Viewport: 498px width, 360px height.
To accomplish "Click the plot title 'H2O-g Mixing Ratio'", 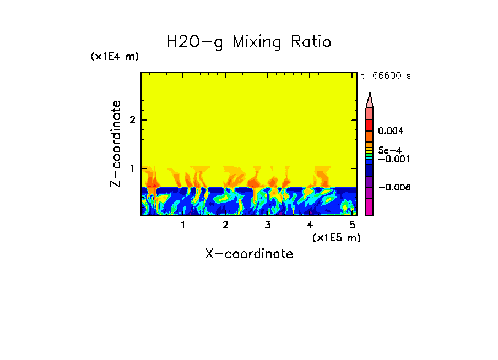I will pos(249,42).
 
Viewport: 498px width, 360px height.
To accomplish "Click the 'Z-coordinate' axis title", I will pos(116,144).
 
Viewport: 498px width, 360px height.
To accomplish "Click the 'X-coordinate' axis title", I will pos(249,254).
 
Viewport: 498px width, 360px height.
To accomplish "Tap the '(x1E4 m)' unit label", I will pos(115,57).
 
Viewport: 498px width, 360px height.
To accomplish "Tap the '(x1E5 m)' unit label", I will pos(336,237).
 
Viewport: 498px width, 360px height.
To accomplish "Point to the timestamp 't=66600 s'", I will pos(386,76).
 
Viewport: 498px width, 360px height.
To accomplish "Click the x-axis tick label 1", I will pos(183,225).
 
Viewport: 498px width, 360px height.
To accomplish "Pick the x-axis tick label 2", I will pos(225,225).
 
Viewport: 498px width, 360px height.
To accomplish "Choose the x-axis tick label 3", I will pos(268,225).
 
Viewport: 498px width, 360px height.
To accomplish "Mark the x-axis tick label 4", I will pos(310,225).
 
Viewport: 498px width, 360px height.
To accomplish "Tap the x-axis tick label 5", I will pos(352,225).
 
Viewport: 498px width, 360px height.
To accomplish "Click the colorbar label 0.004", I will pos(391,131).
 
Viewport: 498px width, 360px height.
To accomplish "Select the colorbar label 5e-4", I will pos(390,150).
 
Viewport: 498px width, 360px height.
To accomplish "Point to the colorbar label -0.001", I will pos(393,159).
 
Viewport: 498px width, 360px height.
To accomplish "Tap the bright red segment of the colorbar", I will pos(370,124).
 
